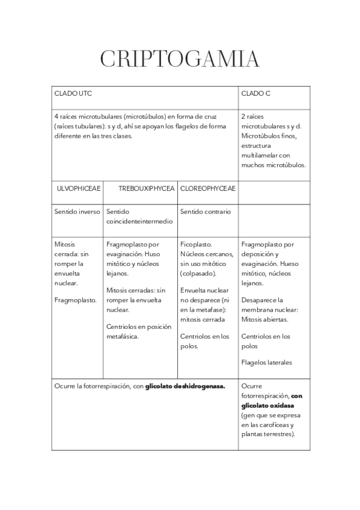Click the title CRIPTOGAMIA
(x=180, y=59)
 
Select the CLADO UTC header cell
(x=73, y=93)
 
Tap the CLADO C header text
(x=256, y=93)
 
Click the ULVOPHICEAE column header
(x=78, y=188)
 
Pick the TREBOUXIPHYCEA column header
(x=146, y=188)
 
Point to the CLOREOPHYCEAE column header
(x=208, y=188)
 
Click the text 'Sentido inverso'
(x=75, y=212)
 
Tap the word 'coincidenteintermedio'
(x=139, y=221)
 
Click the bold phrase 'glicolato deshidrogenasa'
(x=185, y=386)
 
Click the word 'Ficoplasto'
(x=197, y=245)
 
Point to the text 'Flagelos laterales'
(x=266, y=363)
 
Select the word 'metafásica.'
(x=123, y=336)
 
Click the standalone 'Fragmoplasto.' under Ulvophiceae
(x=76, y=300)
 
